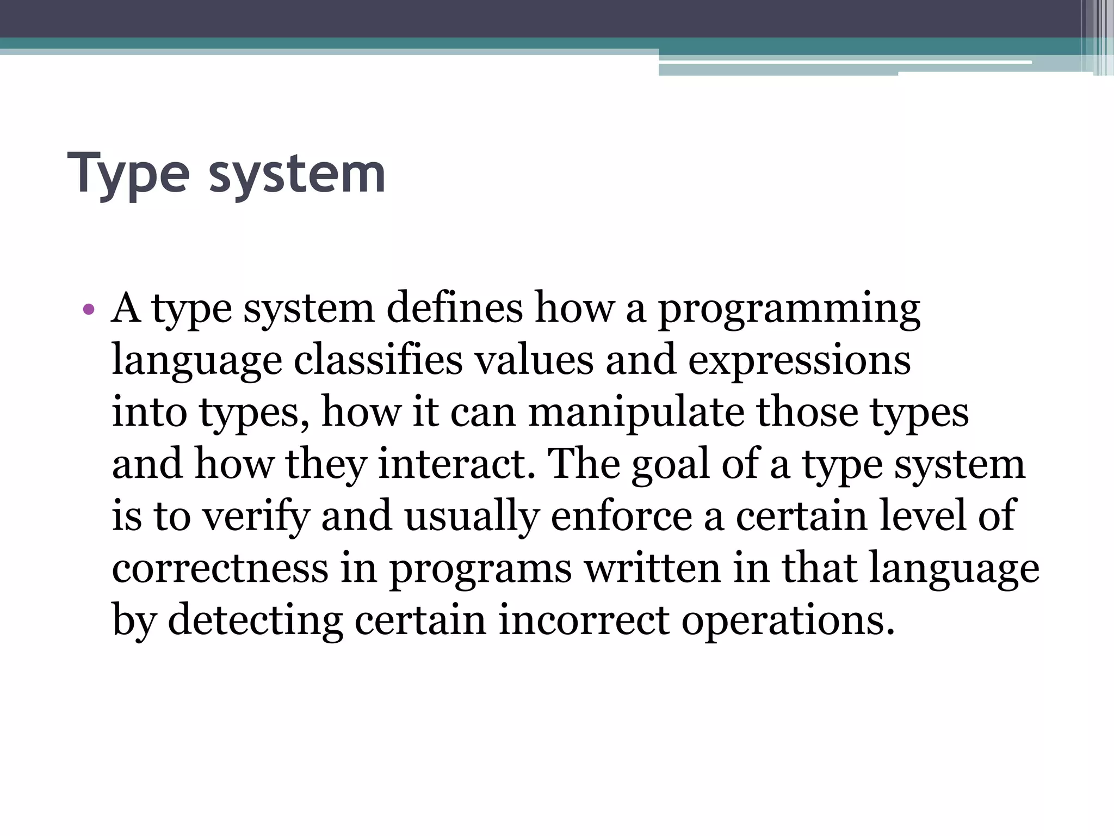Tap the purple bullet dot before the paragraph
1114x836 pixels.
point(89,311)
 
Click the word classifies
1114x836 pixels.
point(378,360)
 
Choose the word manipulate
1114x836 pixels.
point(636,413)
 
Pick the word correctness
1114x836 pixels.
point(220,568)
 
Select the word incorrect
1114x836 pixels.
point(584,620)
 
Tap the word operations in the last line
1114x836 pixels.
point(788,621)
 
